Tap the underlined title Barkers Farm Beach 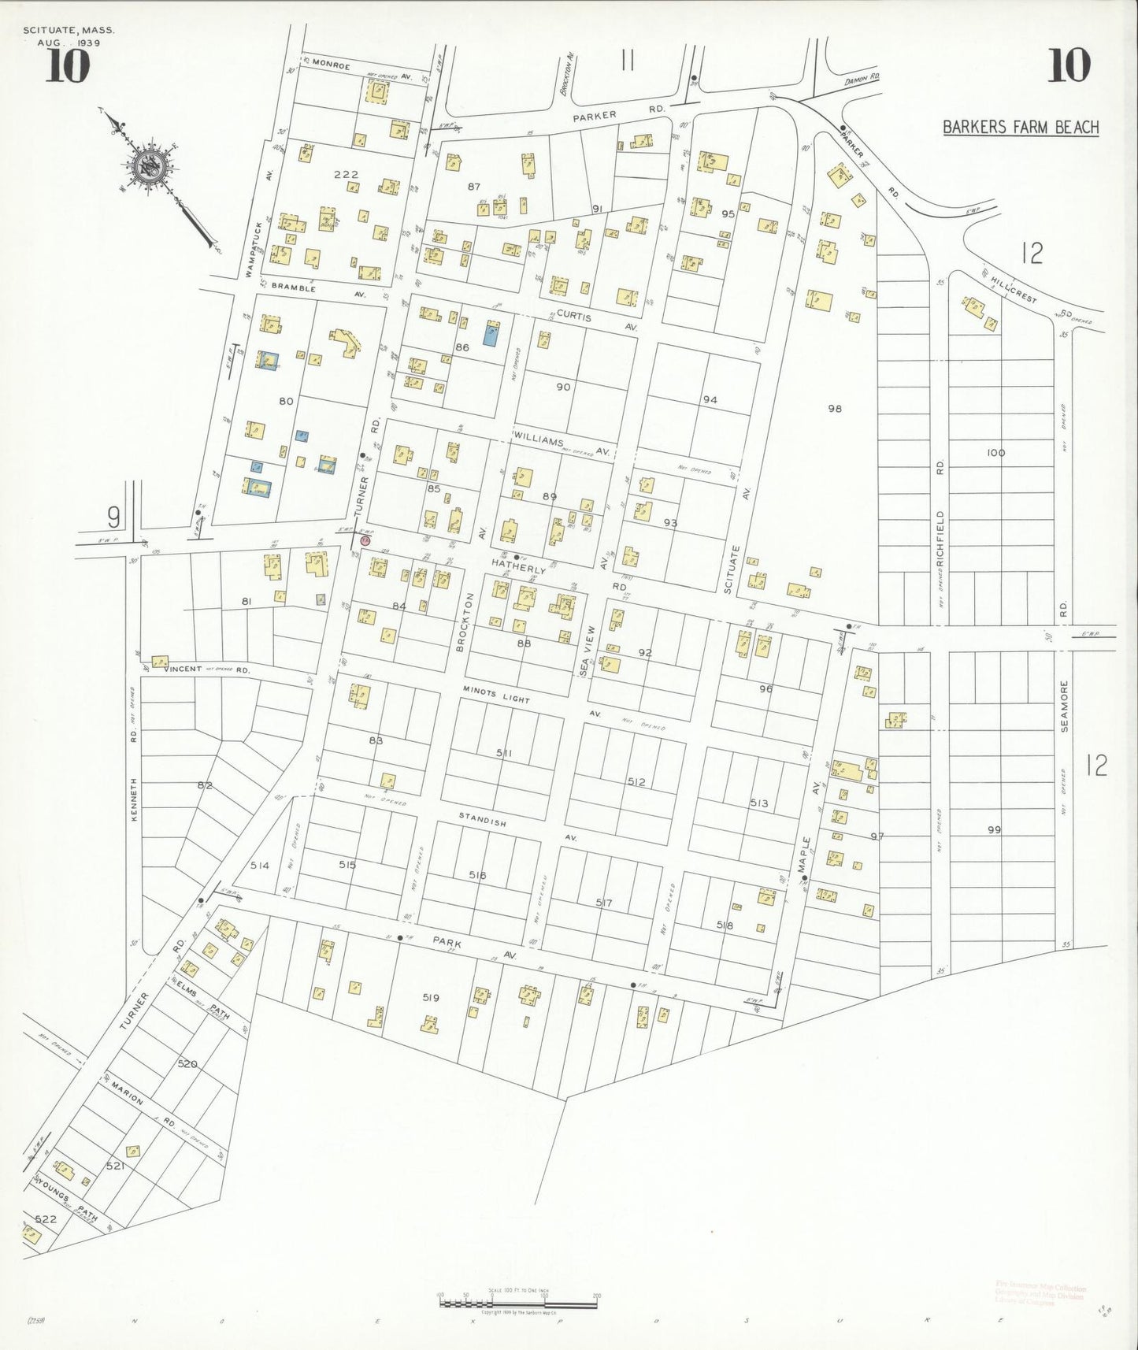coord(1020,128)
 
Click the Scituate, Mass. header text coord(69,30)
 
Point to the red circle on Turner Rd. coord(365,540)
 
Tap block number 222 coord(346,175)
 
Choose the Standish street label coord(483,821)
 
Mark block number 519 coord(430,997)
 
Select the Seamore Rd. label coord(1064,707)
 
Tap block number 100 coord(995,453)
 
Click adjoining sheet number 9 coord(114,517)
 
